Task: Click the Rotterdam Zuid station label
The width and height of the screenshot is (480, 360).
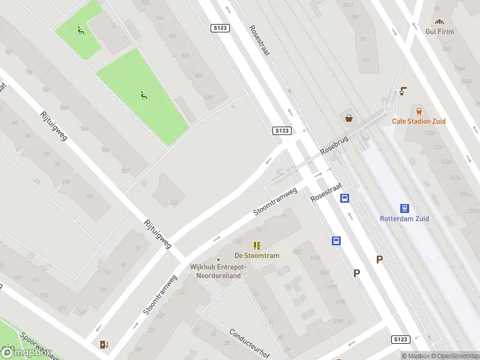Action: (404, 219)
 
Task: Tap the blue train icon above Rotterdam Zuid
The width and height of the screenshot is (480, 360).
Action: (405, 208)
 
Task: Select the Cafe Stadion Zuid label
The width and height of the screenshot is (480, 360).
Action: (419, 121)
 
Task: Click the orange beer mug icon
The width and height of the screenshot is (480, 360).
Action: (419, 111)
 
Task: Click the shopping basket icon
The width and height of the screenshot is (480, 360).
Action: (349, 118)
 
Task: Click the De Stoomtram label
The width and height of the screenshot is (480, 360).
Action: (257, 256)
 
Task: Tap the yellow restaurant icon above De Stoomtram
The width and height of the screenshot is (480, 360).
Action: (257, 245)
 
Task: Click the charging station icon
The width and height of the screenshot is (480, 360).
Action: (104, 344)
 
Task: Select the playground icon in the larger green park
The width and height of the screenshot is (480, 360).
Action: (143, 94)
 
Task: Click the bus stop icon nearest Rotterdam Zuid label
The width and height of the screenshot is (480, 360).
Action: (346, 198)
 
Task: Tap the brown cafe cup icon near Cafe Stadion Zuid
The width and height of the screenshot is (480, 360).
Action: (403, 91)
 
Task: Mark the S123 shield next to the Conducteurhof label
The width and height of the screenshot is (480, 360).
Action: (401, 340)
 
